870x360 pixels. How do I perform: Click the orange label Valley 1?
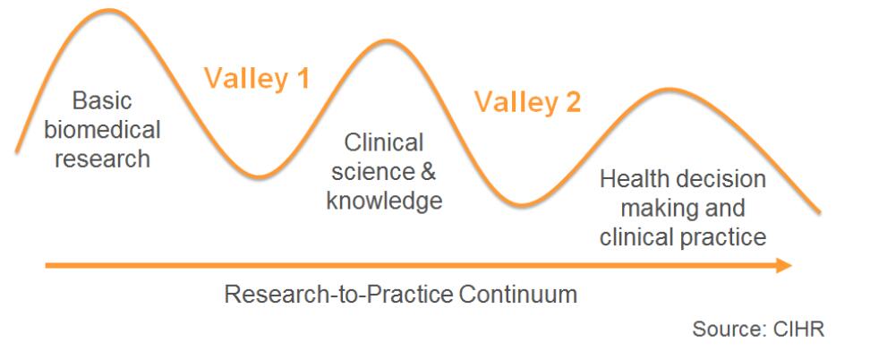[x=256, y=78]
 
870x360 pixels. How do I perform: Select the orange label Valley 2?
[x=527, y=103]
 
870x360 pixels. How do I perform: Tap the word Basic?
[x=102, y=101]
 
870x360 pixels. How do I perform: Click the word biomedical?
[x=102, y=130]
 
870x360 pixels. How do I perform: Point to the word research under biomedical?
[x=103, y=159]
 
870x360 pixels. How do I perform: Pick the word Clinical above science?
[x=384, y=142]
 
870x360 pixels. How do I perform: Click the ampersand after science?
[x=427, y=172]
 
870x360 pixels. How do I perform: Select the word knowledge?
[x=384, y=201]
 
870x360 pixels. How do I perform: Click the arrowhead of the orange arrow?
[x=783, y=266]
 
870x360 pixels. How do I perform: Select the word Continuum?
[x=518, y=295]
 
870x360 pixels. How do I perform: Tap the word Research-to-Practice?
[x=339, y=295]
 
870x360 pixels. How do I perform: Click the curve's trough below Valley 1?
[x=259, y=176]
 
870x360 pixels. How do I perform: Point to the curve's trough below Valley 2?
[x=523, y=205]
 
